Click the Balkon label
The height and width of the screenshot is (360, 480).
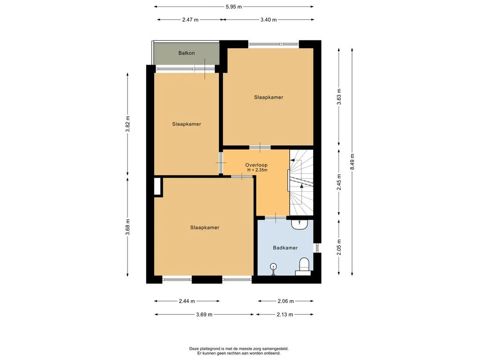point(187,53)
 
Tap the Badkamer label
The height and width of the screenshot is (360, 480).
point(285,247)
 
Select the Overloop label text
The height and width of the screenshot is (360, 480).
point(256,165)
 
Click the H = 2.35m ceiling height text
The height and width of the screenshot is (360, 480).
point(257,170)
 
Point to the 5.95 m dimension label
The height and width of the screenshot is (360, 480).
point(234,7)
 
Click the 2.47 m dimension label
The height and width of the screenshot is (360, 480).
point(190,20)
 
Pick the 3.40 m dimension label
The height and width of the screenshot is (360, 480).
point(269,20)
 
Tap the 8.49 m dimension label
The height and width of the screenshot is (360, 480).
point(352,162)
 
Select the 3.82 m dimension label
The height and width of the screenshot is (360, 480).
point(127,124)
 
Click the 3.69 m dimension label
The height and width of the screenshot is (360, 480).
point(204,315)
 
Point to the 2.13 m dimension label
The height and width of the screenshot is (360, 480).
point(285,315)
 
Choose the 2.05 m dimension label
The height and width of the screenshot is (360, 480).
point(339,247)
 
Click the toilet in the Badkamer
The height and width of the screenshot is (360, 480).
point(303,266)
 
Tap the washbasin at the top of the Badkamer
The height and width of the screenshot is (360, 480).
point(300,225)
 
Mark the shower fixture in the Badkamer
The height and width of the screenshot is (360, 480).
point(273,269)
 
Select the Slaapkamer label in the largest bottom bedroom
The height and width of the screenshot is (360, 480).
point(204,227)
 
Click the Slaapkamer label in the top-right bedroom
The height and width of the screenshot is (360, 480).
point(269,97)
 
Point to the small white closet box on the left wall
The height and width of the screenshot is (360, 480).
point(157,186)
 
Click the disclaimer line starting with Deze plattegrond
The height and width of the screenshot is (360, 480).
point(239,348)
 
